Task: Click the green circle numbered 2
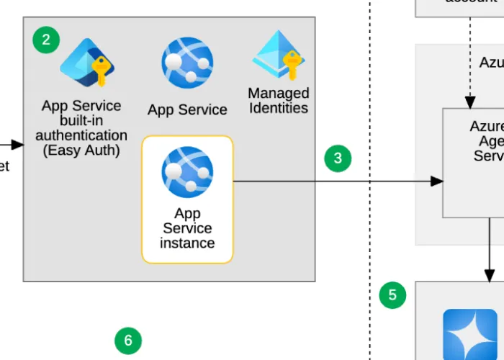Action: pyautogui.click(x=46, y=40)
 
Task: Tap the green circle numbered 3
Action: pyautogui.click(x=338, y=158)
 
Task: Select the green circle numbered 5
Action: pyautogui.click(x=392, y=294)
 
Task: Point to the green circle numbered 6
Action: pyautogui.click(x=128, y=339)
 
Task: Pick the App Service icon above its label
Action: pyautogui.click(x=187, y=63)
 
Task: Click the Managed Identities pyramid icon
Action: pyautogui.click(x=279, y=55)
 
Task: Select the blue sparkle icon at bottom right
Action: pyautogui.click(x=469, y=334)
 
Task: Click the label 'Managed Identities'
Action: pyautogui.click(x=279, y=101)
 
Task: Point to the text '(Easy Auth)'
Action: pyautogui.click(x=81, y=150)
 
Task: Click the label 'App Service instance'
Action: pyautogui.click(x=187, y=228)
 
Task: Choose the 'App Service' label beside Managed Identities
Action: pyautogui.click(x=187, y=110)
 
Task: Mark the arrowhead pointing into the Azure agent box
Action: pyautogui.click(x=436, y=181)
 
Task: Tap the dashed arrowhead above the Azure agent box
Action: pyautogui.click(x=469, y=102)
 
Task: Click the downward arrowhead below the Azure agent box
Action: pyautogui.click(x=490, y=275)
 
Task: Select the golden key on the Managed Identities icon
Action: pyautogui.click(x=292, y=66)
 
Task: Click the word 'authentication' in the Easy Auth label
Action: pyautogui.click(x=81, y=135)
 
